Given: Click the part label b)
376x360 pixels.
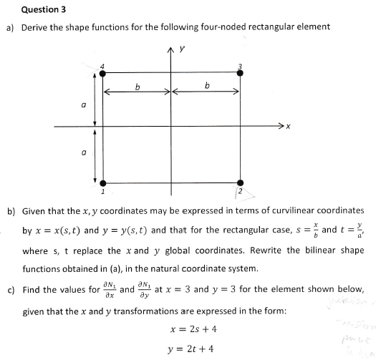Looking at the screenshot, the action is (x=11, y=211).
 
